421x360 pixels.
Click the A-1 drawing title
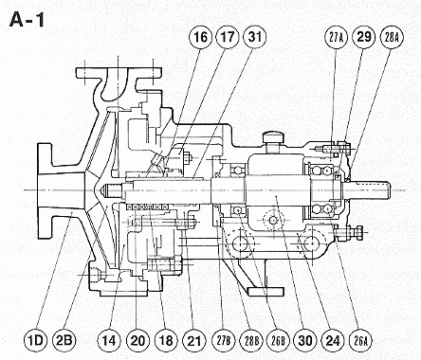pos(27,20)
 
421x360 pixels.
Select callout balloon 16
pos(200,37)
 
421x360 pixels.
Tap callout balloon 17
pos(228,37)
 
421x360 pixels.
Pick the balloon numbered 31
pos(255,37)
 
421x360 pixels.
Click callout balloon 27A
pos(336,38)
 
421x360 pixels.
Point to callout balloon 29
pos(363,37)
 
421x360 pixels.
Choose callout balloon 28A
pos(393,38)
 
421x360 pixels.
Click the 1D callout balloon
pos(35,340)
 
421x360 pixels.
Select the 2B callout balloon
pos(64,340)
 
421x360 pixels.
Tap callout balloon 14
pos(108,341)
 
